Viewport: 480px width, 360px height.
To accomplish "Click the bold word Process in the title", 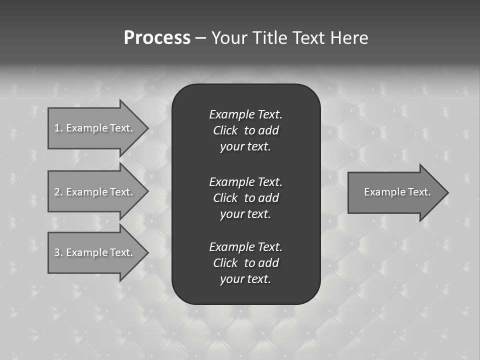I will click(x=157, y=38).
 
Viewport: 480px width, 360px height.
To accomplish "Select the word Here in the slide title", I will click(x=349, y=38).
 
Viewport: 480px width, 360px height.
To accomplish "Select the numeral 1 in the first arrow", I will click(x=57, y=128).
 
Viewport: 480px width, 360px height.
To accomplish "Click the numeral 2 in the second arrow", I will click(x=57, y=192).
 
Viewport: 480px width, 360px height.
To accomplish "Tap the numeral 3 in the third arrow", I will click(x=57, y=252).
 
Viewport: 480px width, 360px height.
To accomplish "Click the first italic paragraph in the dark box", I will click(x=245, y=130).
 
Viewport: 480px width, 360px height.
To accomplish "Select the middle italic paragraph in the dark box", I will click(x=245, y=198).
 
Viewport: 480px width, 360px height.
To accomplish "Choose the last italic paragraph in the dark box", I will click(x=245, y=263).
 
